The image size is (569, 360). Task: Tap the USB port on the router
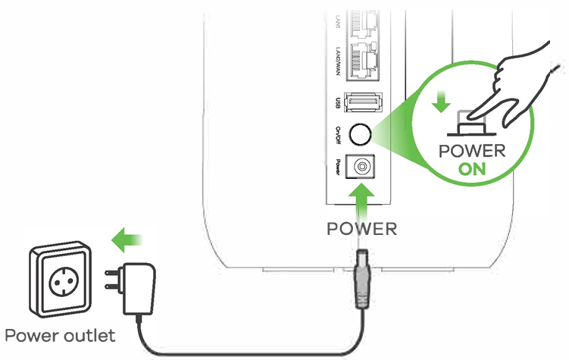click(363, 102)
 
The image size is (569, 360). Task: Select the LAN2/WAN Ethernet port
click(364, 61)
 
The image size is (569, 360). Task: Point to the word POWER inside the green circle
click(472, 150)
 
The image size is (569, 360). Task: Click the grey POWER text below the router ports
click(362, 228)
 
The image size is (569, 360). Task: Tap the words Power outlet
click(60, 334)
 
